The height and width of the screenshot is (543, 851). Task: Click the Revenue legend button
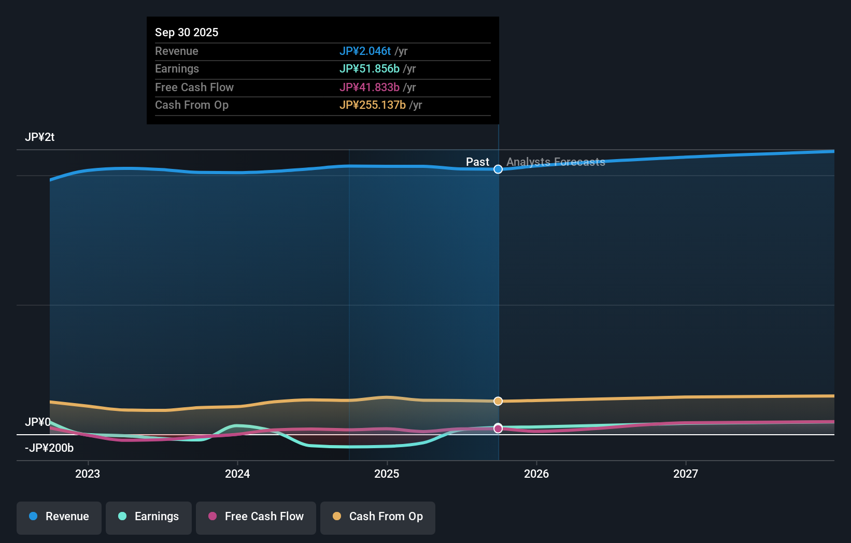[x=59, y=517]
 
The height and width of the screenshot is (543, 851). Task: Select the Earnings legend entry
[x=149, y=517]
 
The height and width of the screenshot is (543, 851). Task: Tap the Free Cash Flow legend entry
[x=256, y=517]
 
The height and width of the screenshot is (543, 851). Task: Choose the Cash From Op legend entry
[x=378, y=517]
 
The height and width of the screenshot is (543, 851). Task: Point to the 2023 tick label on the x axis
[x=88, y=474]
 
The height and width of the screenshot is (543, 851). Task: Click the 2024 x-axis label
[x=237, y=474]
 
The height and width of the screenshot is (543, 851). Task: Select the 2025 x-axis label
[x=387, y=474]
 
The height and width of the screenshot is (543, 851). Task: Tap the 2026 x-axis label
[x=536, y=474]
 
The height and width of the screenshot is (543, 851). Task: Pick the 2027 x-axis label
[x=686, y=474]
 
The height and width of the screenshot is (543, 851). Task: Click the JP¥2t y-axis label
[x=40, y=137]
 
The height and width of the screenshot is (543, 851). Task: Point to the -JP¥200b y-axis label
[x=49, y=448]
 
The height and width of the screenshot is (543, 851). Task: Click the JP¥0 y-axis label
[x=38, y=422]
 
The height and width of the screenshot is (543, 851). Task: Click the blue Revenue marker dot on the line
[x=498, y=169]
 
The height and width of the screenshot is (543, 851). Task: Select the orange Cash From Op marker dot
[x=498, y=401]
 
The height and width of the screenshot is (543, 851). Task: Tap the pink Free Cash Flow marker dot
[x=498, y=429]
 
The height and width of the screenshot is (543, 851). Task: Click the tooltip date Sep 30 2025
[x=187, y=33]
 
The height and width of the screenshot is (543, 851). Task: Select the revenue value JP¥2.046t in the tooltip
[x=365, y=51]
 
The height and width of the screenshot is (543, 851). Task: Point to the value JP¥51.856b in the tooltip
[x=369, y=69]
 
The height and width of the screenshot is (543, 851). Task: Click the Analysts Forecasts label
[x=556, y=162]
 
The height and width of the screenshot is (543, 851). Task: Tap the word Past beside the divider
[x=477, y=162]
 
